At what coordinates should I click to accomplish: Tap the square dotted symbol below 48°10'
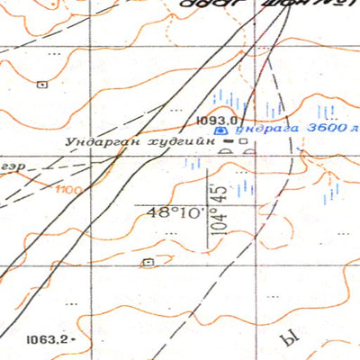click(148, 262)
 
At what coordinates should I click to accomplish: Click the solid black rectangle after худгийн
click(229, 141)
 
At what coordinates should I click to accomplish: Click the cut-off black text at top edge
click(261, 4)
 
